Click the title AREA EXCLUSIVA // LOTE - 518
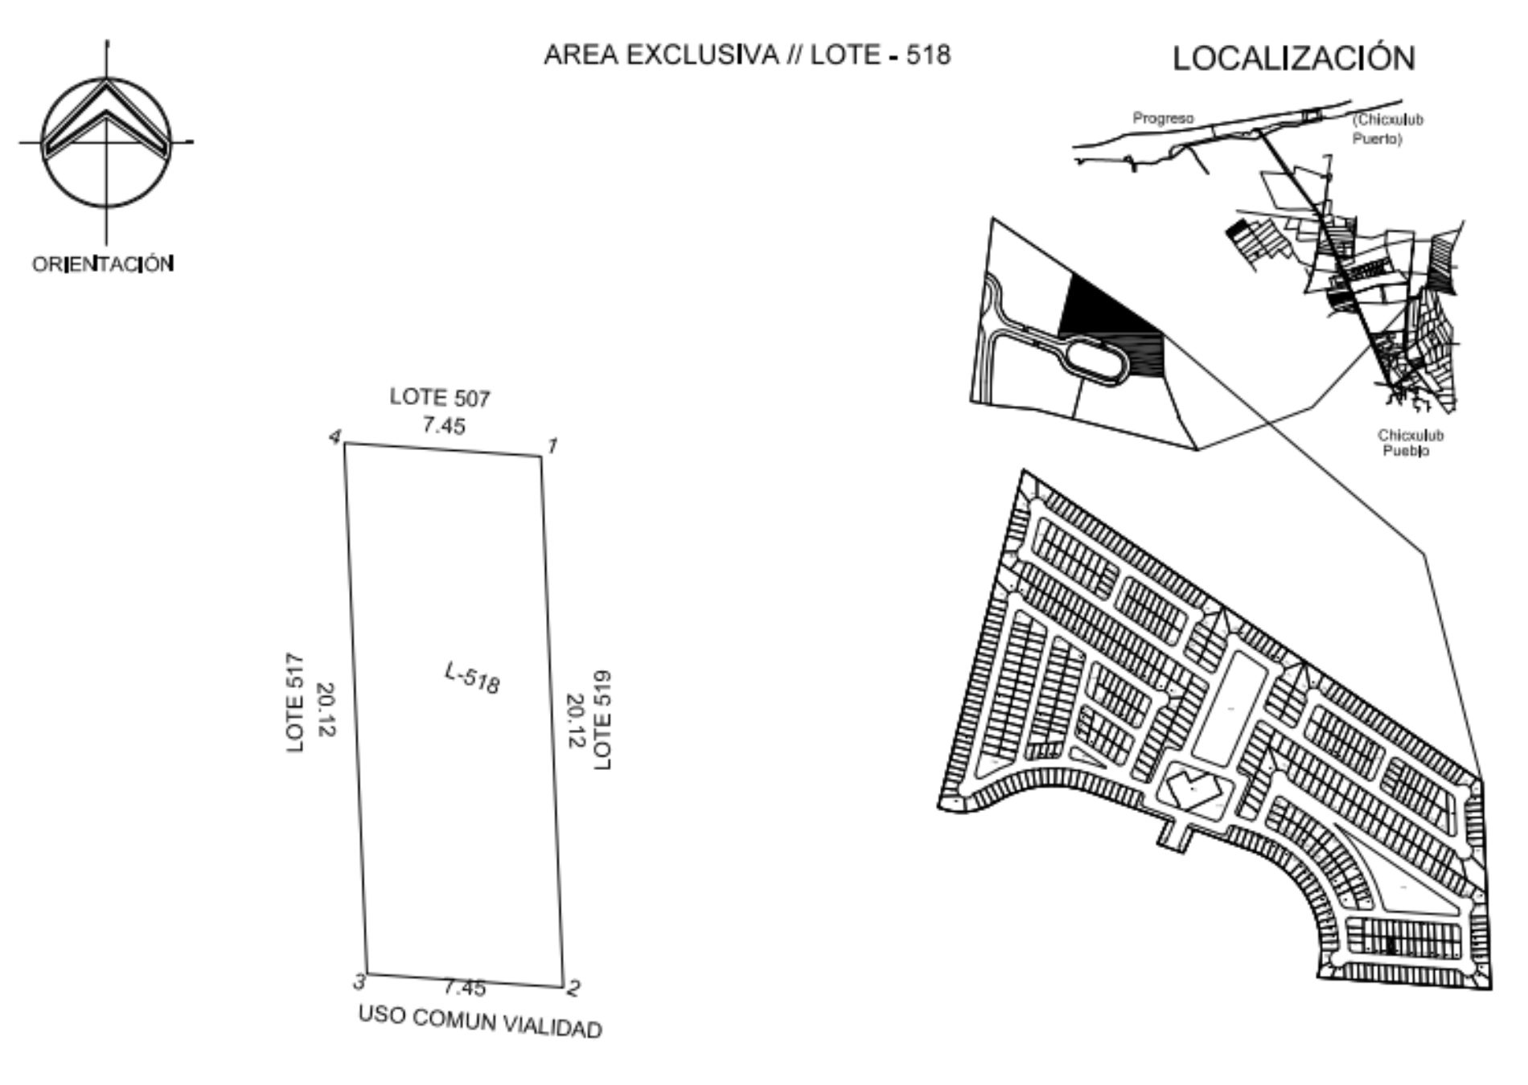pos(747,55)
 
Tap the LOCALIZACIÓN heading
pos(1293,58)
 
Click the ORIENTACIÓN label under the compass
pos(103,264)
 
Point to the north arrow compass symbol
pos(107,141)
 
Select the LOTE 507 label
pos(440,397)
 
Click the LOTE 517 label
pos(296,703)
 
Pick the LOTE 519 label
pos(602,719)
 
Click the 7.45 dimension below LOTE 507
pos(444,424)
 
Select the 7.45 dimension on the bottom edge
pos(464,987)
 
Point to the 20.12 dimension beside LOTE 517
pos(326,709)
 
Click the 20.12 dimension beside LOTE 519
pos(575,721)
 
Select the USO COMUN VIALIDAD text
pos(480,1022)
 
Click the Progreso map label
pos(1163,118)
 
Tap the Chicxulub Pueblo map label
pos(1411,443)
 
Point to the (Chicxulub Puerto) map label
pos(1388,129)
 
